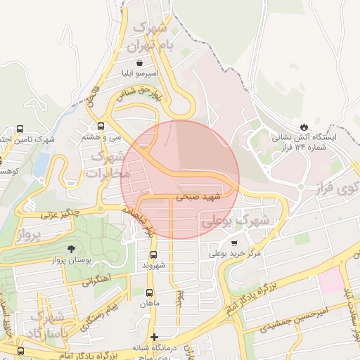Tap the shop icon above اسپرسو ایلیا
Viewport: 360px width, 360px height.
coord(153,61)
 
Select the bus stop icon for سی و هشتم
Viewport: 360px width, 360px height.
coord(101,127)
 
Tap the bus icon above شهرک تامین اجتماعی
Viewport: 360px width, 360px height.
coord(20,129)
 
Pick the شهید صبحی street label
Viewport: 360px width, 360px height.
coord(198,198)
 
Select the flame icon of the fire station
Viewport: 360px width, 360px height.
coord(304,126)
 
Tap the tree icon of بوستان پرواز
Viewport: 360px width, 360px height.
coord(71,249)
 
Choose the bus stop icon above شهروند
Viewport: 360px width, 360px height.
coord(153,255)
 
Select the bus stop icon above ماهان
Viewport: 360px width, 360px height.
coord(149,292)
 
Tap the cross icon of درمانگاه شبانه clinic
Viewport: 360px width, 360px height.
coord(155,337)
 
